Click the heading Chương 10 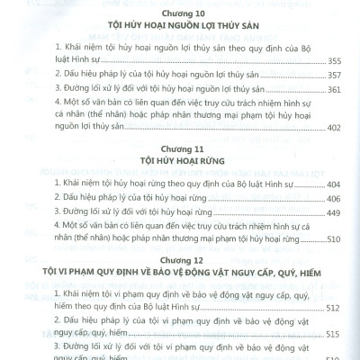pos(181,13)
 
